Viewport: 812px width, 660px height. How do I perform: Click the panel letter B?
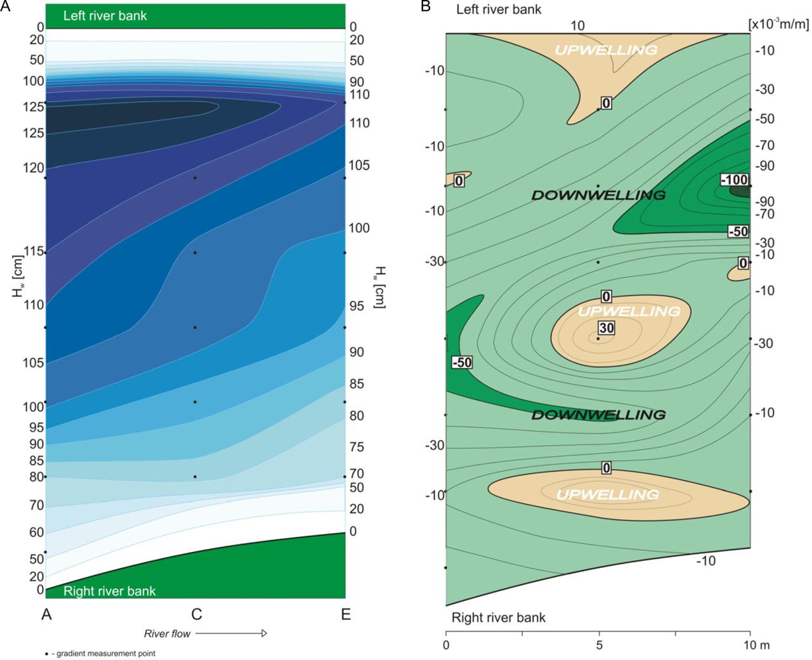426,6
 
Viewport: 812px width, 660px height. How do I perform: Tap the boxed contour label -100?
735,180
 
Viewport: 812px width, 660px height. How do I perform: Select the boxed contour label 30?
606,327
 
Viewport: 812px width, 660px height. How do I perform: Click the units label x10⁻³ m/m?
778,24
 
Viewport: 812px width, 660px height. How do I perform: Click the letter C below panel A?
197,614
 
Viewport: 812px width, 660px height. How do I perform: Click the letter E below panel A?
346,614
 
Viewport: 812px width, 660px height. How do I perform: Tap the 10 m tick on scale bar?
756,645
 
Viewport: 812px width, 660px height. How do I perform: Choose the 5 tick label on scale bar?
599,645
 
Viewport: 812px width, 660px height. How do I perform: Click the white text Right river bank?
109,591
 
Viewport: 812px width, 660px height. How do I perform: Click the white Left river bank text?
105,15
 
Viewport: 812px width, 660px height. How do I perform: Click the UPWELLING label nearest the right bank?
607,494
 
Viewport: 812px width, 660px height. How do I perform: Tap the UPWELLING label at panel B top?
606,49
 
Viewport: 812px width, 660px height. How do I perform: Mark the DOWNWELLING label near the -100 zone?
598,195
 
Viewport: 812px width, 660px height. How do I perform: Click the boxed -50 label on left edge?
462,362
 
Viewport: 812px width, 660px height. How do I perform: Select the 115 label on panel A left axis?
33,251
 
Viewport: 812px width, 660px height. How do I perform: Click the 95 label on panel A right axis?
357,306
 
